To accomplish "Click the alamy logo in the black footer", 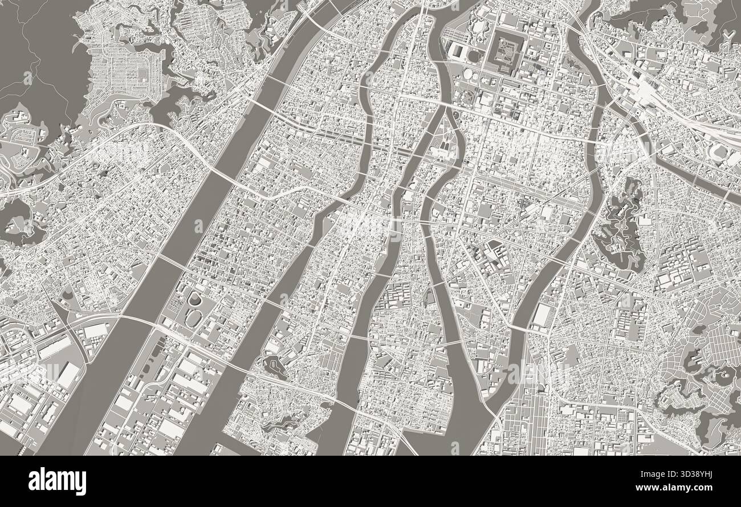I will click(x=58, y=481).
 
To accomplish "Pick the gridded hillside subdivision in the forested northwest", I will click(x=123, y=71).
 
